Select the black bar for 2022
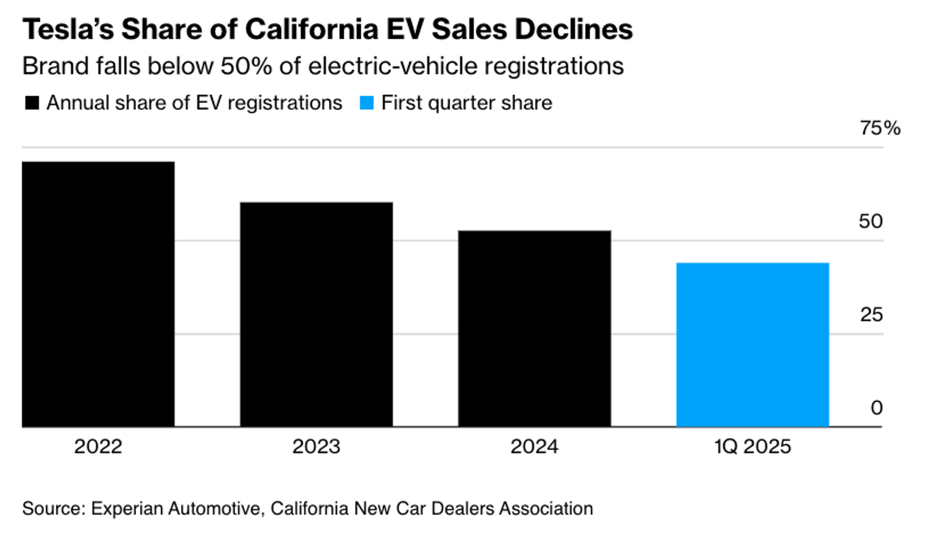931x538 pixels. click(98, 294)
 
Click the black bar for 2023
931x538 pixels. click(317, 315)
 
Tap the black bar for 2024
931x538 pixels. click(534, 329)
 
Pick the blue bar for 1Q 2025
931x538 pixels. click(752, 345)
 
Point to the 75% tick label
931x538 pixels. click(879, 128)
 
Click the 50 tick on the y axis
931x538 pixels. click(870, 222)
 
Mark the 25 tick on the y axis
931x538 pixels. click(871, 315)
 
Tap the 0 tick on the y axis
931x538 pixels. click(876, 408)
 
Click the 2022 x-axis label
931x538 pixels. click(98, 447)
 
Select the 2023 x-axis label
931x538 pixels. click(317, 447)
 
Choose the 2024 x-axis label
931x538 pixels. click(534, 447)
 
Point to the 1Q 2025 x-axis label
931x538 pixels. click(752, 447)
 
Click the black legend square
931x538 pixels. click(32, 103)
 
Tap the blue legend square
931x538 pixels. click(367, 103)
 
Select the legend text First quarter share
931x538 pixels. click(467, 103)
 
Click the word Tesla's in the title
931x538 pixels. click(68, 29)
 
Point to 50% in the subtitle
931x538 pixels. click(246, 66)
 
